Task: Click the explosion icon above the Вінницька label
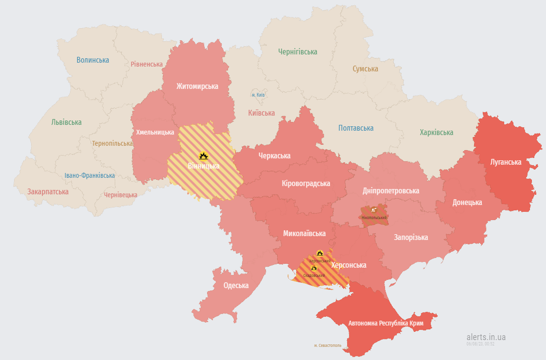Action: tap(203, 156)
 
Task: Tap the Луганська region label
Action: tap(505, 162)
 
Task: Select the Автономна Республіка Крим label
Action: tap(386, 323)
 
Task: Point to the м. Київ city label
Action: tap(258, 95)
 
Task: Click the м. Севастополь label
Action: tap(327, 345)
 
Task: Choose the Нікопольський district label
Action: tap(374, 217)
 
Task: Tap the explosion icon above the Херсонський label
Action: tap(319, 253)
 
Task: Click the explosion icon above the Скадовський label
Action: tap(314, 268)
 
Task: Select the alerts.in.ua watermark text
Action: tap(486, 337)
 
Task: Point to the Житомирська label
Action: tap(197, 86)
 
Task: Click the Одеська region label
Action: tap(236, 285)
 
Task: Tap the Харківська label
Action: tap(436, 132)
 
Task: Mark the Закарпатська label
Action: tap(48, 191)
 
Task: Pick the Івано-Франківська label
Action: tap(89, 175)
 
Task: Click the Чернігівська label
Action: tap(298, 51)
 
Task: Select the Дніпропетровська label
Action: tap(390, 190)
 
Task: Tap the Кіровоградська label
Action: tap(305, 183)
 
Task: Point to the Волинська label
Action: tap(92, 60)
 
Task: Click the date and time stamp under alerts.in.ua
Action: tap(480, 343)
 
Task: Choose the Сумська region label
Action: tap(365, 69)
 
